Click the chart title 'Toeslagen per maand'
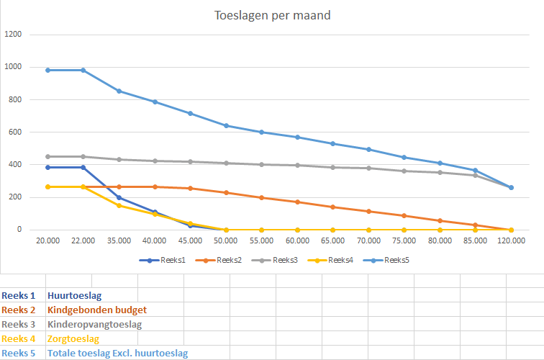click(x=273, y=15)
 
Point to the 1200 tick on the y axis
click(x=13, y=35)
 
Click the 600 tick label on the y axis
click(x=15, y=132)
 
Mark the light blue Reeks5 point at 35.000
click(x=119, y=91)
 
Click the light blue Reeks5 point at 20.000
click(x=47, y=70)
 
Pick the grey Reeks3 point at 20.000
click(x=47, y=156)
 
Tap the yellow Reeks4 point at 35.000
click(x=119, y=205)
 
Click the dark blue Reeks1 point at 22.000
click(x=83, y=167)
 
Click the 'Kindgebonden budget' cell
click(x=97, y=310)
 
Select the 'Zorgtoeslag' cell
click(x=73, y=338)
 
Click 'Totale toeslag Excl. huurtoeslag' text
click(x=117, y=353)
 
